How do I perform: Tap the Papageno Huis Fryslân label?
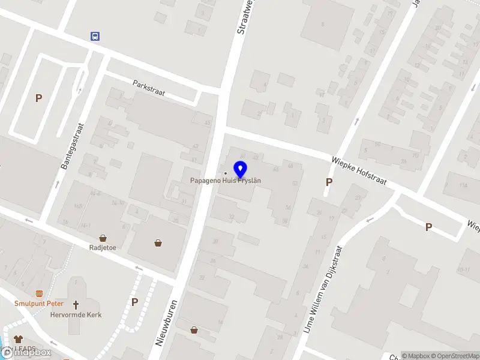click(225, 180)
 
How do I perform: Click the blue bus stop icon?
click(95, 36)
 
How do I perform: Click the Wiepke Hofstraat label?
click(359, 170)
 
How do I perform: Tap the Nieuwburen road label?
click(167, 323)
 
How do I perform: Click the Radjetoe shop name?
click(103, 247)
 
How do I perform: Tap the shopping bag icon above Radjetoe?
click(103, 238)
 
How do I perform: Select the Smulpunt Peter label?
click(39, 304)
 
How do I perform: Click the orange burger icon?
click(40, 293)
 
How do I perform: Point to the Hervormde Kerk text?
click(76, 314)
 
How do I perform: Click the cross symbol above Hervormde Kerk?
click(76, 305)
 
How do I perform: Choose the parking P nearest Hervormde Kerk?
click(134, 302)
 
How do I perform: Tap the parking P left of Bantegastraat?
click(38, 98)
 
